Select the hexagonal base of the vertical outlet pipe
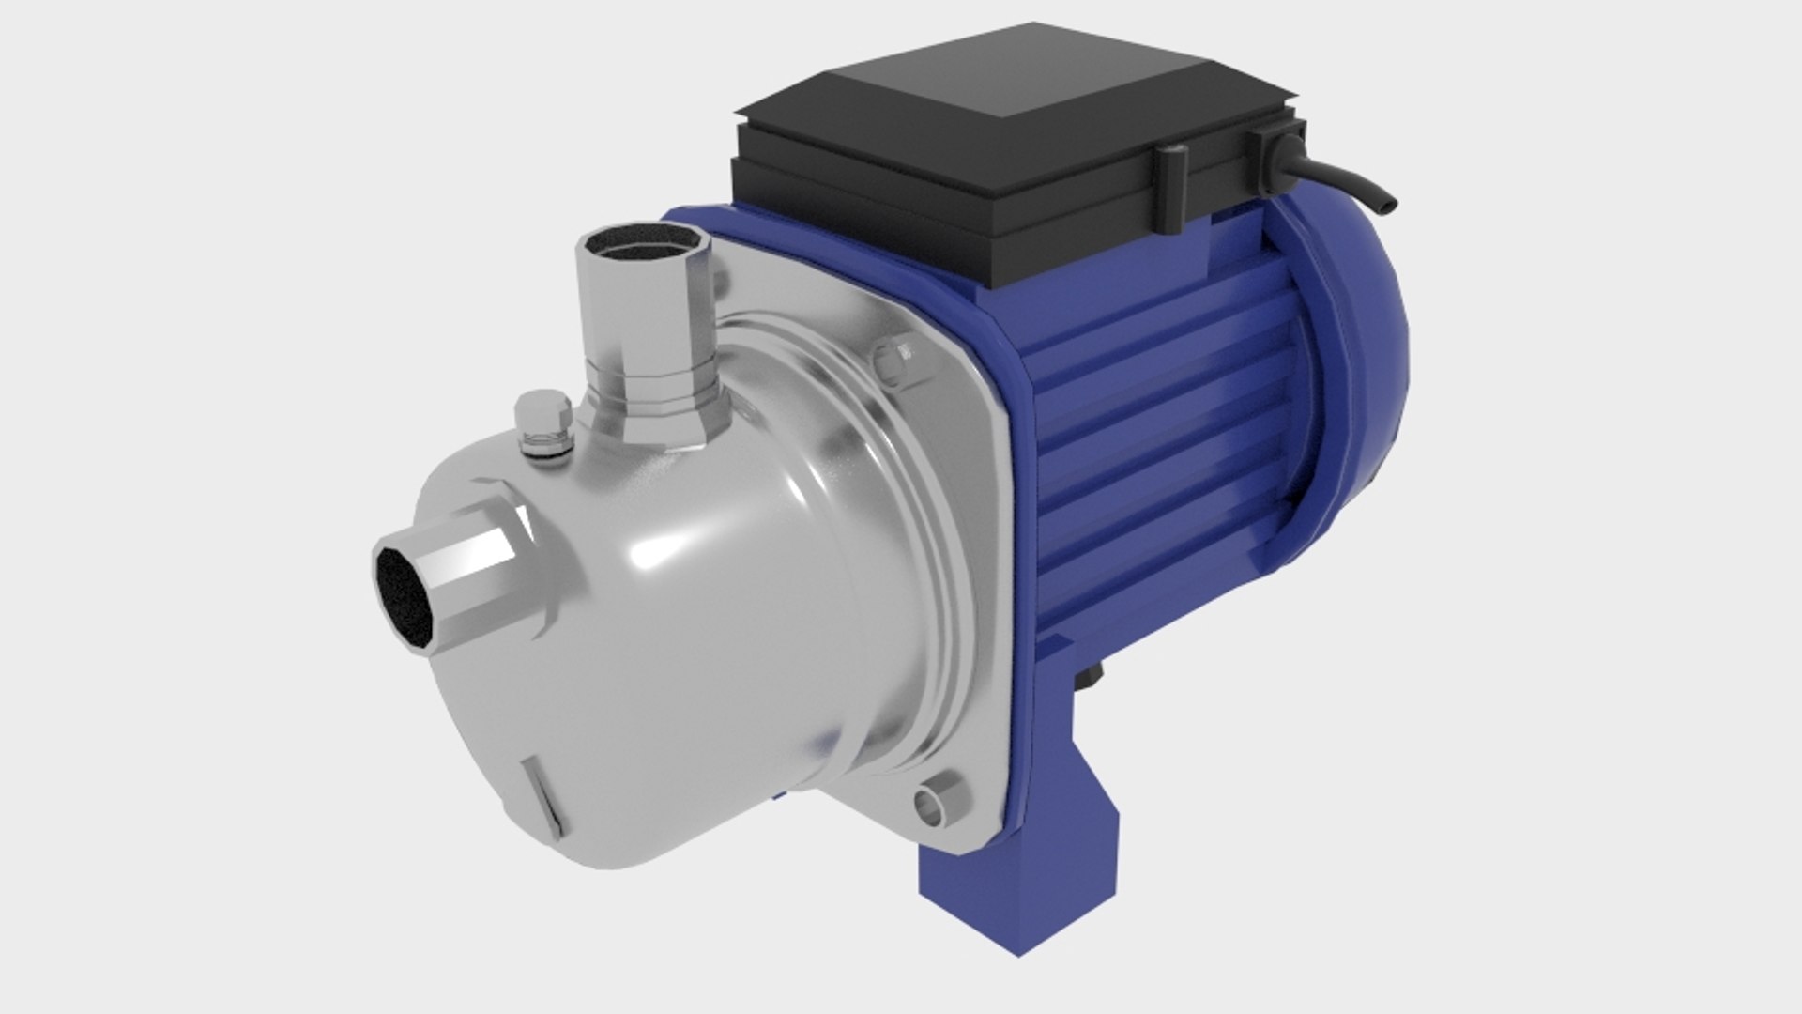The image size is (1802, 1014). point(657,413)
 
